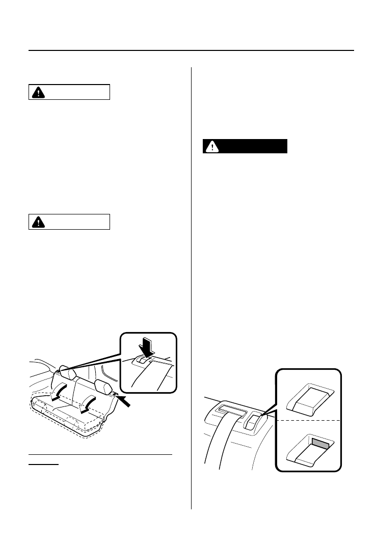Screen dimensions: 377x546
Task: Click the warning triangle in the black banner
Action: pyautogui.click(x=210, y=147)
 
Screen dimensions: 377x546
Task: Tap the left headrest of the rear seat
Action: pyautogui.click(x=67, y=373)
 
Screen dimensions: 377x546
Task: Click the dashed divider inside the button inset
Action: pyautogui.click(x=308, y=420)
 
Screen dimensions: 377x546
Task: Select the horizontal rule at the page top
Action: pyautogui.click(x=191, y=50)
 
